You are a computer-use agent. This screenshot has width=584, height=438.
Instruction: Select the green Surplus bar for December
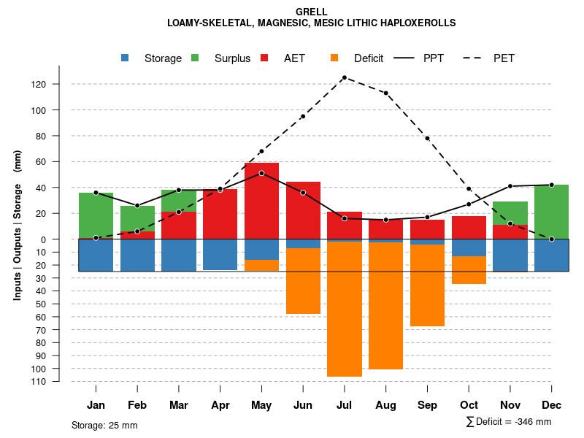coord(551,212)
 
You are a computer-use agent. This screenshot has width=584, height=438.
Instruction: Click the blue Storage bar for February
coord(137,255)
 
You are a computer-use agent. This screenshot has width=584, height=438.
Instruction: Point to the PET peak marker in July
coord(345,77)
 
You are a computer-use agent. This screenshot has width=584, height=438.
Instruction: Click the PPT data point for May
coord(261,173)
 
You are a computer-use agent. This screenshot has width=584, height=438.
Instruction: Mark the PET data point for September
coord(427,138)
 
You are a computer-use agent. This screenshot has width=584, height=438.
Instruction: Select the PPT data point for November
coord(510,186)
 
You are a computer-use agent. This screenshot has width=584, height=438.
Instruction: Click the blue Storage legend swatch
coord(126,58)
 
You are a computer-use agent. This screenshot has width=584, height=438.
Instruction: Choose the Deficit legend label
coord(369,58)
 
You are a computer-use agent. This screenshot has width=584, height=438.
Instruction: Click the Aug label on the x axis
coord(385,405)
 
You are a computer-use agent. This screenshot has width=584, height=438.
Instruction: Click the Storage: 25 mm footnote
coord(104,425)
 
